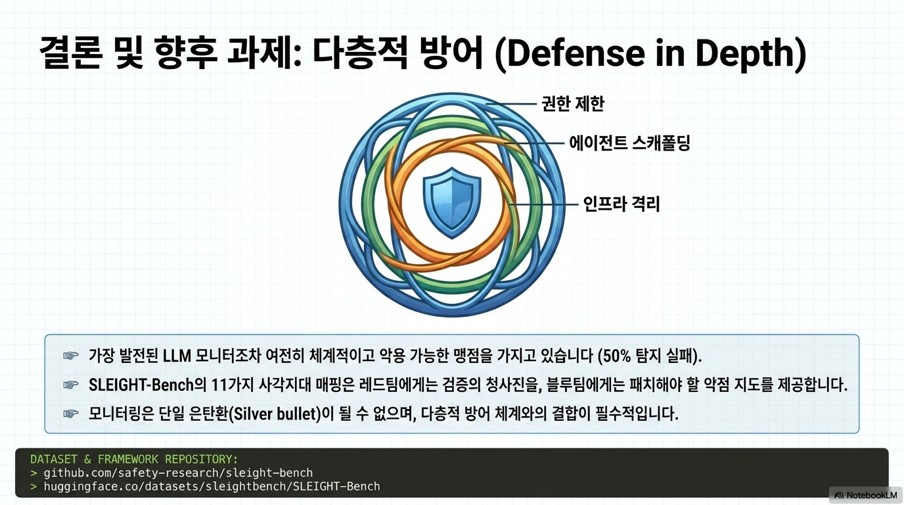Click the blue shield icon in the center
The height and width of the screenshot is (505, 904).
pyautogui.click(x=451, y=203)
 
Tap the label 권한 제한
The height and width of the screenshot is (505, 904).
pyautogui.click(x=573, y=104)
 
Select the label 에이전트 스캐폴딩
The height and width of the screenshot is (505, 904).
pyautogui.click(x=629, y=143)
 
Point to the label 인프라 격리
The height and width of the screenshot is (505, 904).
pyautogui.click(x=621, y=204)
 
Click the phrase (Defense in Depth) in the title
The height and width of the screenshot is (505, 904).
pyautogui.click(x=650, y=54)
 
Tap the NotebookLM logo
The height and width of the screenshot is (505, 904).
pyautogui.click(x=866, y=495)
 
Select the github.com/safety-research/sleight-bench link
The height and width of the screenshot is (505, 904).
pyautogui.click(x=178, y=473)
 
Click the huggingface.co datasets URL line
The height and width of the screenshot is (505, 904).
pyautogui.click(x=212, y=486)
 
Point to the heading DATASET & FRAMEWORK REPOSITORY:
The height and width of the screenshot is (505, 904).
pyautogui.click(x=134, y=460)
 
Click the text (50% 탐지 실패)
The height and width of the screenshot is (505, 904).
pyautogui.click(x=650, y=356)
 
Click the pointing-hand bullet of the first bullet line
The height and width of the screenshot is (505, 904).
pyautogui.click(x=71, y=356)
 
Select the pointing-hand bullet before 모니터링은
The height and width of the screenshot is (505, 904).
pyautogui.click(x=71, y=414)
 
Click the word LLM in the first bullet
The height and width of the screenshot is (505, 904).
pyautogui.click(x=177, y=356)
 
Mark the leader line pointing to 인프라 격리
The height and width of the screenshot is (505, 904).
pyautogui.click(x=543, y=204)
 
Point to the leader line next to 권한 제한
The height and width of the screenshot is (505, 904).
pyautogui.click(x=511, y=104)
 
